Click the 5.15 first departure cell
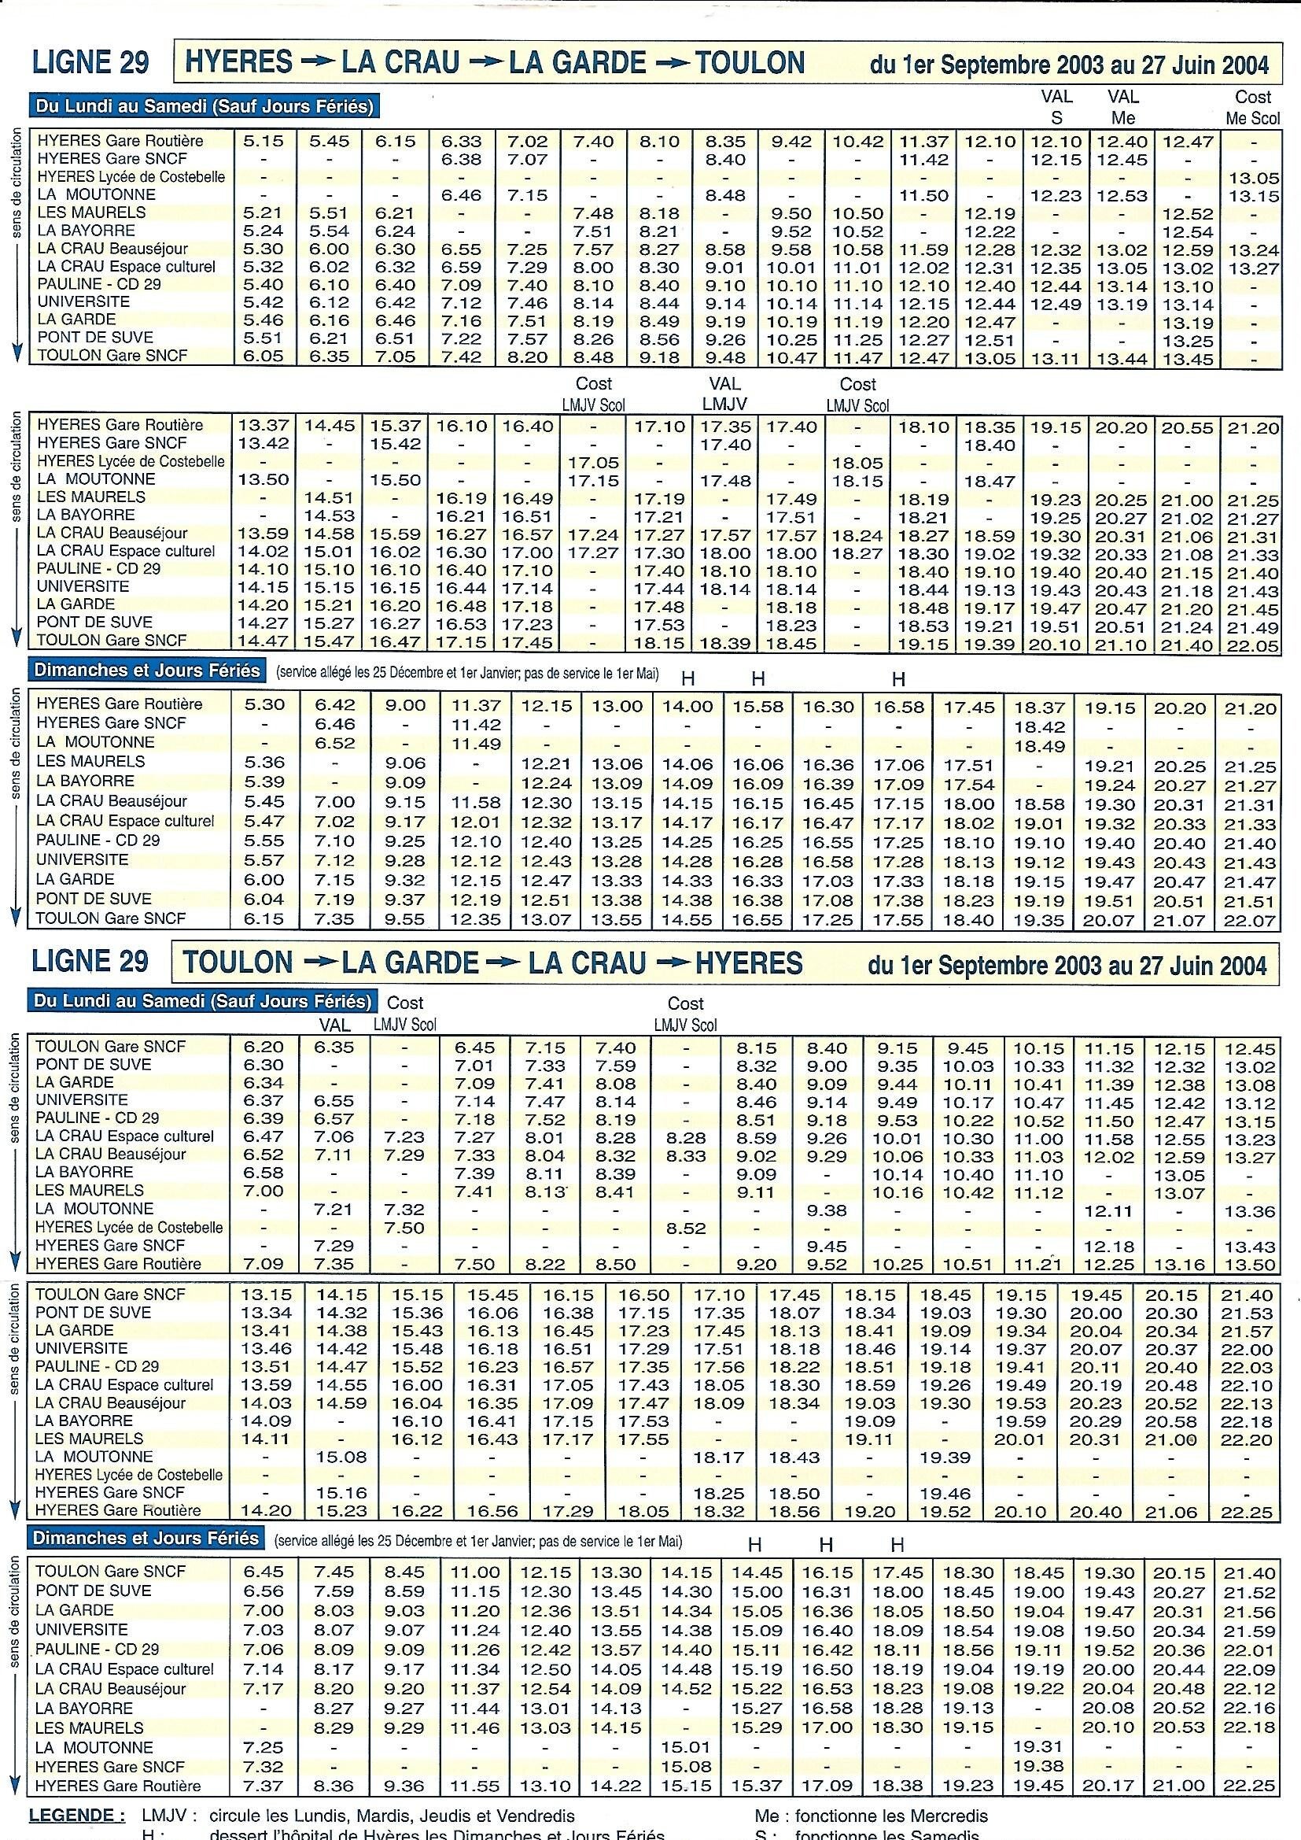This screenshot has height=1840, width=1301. click(x=264, y=141)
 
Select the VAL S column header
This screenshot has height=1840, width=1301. click(x=1056, y=106)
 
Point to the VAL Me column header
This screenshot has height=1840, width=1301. click(x=1122, y=106)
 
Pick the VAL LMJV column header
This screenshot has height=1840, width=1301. click(x=726, y=393)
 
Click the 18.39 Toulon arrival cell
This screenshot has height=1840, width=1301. click(x=726, y=643)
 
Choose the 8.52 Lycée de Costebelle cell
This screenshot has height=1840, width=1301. click(x=686, y=1228)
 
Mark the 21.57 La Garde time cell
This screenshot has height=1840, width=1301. click(x=1246, y=1330)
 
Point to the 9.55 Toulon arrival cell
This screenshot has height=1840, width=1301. click(x=404, y=920)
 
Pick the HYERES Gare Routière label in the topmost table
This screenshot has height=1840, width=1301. click(x=120, y=141)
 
